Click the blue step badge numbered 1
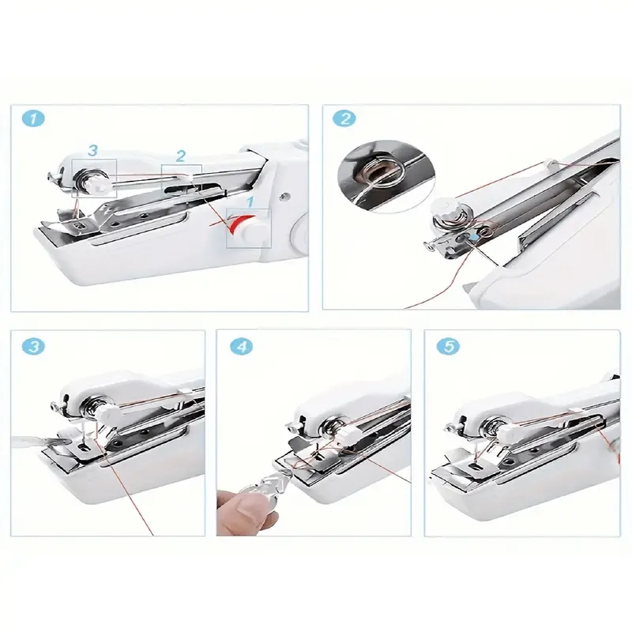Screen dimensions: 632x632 [33, 119]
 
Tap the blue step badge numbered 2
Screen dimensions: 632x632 [344, 118]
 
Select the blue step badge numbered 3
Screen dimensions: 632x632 [33, 347]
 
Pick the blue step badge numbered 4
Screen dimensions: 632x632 [242, 347]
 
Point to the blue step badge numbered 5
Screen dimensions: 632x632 [449, 347]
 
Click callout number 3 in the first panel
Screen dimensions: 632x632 [92, 150]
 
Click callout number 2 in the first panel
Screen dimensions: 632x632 [181, 156]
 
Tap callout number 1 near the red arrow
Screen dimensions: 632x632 [250, 202]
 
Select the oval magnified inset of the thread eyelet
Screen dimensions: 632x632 [386, 176]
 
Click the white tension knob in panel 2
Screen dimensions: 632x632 [443, 207]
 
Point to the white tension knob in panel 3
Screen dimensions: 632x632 [108, 413]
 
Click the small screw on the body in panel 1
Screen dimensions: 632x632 [285, 196]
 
